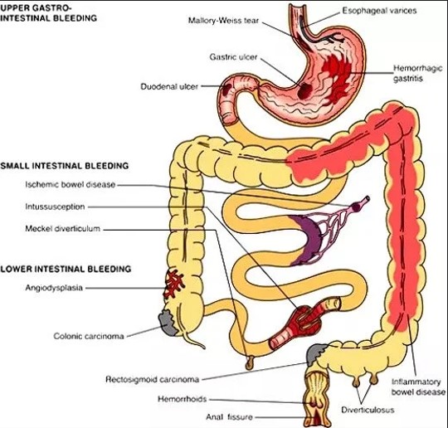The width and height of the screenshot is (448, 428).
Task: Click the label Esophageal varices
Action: pyautogui.click(x=379, y=11)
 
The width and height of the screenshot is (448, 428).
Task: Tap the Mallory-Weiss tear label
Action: pyautogui.click(x=223, y=21)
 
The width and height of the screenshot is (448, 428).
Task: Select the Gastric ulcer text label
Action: pyautogui.click(x=233, y=57)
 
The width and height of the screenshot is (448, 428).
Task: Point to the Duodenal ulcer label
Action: pyautogui.click(x=169, y=86)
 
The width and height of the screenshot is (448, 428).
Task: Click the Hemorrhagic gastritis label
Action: pyautogui.click(x=417, y=73)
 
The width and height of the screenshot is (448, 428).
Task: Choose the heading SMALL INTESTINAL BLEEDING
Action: pyautogui.click(x=64, y=166)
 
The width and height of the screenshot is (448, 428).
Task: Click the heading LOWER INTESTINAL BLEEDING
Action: pyautogui.click(x=66, y=269)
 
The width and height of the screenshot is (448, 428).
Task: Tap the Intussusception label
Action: pyautogui.click(x=55, y=207)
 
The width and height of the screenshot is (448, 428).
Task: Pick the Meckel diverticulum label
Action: pyautogui.click(x=62, y=229)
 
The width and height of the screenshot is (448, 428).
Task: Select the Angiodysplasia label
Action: pyautogui.click(x=54, y=288)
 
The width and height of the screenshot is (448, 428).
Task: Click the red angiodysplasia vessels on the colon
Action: pyautogui.click(x=173, y=284)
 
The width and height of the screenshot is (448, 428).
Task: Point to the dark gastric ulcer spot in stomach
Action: pyautogui.click(x=304, y=90)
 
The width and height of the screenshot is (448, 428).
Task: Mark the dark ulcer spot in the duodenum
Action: pyautogui.click(x=226, y=90)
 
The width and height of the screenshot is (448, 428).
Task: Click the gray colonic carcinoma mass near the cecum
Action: pyautogui.click(x=168, y=323)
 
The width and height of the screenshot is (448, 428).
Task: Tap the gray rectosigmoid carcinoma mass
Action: pyautogui.click(x=315, y=353)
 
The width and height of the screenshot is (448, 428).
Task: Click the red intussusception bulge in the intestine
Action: pyautogui.click(x=305, y=319)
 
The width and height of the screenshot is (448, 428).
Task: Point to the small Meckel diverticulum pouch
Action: pyautogui.click(x=250, y=362)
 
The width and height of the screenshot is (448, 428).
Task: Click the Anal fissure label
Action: pyautogui.click(x=230, y=417)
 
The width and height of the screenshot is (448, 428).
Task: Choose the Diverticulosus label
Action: pyautogui.click(x=368, y=410)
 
